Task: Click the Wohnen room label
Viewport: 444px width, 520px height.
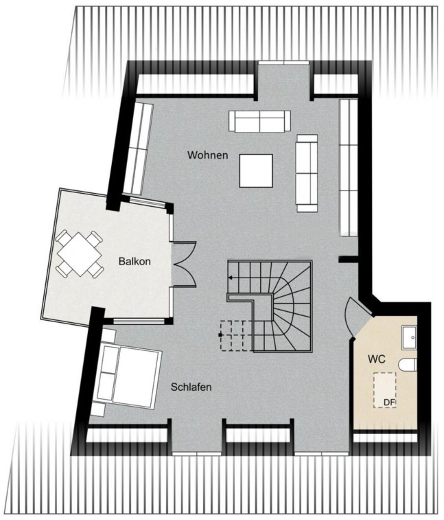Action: click(207, 155)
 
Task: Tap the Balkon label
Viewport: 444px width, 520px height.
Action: click(135, 261)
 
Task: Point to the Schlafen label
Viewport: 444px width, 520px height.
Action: click(191, 387)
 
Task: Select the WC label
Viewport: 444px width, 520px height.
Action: click(377, 359)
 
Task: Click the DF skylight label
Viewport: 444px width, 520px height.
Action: click(390, 403)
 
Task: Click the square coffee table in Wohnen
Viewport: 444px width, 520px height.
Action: click(256, 170)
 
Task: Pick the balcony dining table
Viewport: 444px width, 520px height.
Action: click(79, 254)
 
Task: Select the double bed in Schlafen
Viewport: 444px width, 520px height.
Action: click(128, 376)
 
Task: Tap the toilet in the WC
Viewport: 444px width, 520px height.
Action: click(407, 365)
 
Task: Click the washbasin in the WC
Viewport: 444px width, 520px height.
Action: click(409, 337)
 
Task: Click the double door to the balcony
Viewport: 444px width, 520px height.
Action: click(184, 264)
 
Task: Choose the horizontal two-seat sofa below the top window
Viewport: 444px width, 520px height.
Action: click(259, 122)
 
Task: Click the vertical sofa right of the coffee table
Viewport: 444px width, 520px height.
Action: click(307, 173)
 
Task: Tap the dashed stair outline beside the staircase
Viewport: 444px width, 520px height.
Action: click(236, 335)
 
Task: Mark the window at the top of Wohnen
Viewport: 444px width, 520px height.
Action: click(283, 63)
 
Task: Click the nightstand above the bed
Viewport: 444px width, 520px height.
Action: click(108, 336)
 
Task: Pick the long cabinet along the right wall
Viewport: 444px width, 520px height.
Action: click(349, 168)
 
